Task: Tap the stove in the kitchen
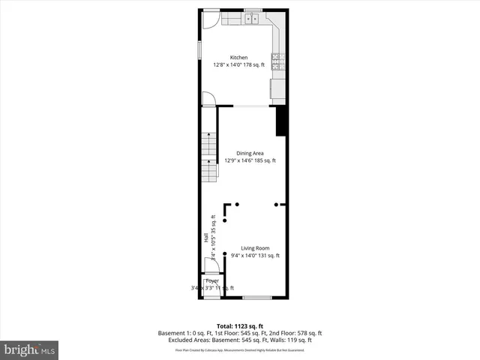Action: [276, 62]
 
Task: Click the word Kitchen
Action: [238, 58]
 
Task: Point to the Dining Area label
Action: [250, 153]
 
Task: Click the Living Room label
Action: [255, 248]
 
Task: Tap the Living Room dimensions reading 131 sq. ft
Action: [268, 256]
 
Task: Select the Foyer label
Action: [212, 280]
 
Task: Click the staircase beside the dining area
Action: [208, 157]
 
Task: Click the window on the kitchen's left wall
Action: [199, 49]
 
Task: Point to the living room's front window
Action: [256, 298]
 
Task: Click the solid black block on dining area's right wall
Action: [281, 121]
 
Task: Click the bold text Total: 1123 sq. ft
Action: [239, 325]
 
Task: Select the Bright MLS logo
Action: [29, 349]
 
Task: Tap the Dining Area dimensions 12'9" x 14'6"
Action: [238, 160]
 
